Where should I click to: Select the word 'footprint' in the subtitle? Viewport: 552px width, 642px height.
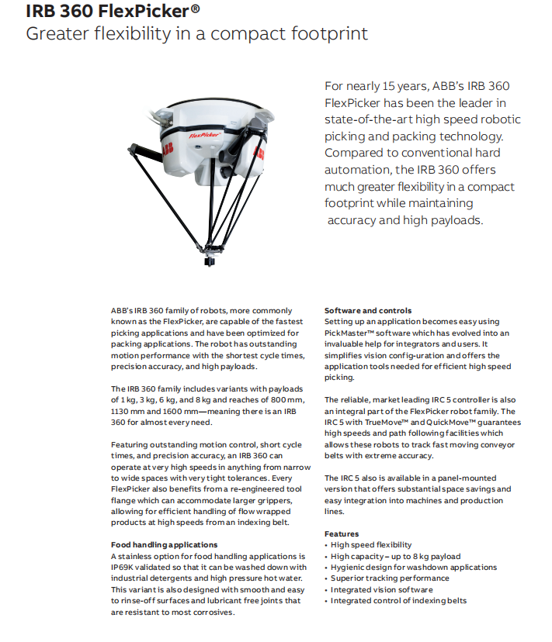[327, 34]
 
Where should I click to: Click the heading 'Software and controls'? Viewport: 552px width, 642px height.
[368, 310]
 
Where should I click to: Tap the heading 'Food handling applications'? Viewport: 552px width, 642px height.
[165, 545]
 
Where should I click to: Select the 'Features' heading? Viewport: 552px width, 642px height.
[342, 534]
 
